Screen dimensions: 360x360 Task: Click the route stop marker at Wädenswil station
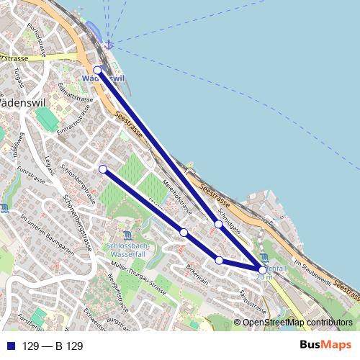click(x=97, y=70)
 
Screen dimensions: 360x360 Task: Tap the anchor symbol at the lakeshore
click(x=109, y=45)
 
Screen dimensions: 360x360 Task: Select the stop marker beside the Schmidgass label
click(x=218, y=224)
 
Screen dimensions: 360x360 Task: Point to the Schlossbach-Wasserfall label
click(x=127, y=248)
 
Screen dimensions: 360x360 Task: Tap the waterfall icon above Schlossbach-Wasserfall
click(x=127, y=235)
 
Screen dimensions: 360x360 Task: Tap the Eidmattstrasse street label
click(x=76, y=93)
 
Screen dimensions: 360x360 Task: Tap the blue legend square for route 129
click(x=11, y=346)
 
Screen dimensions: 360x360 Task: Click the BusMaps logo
click(x=330, y=346)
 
